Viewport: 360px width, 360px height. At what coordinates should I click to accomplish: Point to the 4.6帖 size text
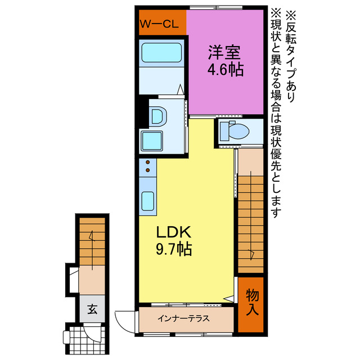click(224, 71)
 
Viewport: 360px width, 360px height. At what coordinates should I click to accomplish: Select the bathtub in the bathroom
click(161, 53)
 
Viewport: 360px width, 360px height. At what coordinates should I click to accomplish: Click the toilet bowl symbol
click(235, 131)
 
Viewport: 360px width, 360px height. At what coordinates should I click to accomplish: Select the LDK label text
click(174, 232)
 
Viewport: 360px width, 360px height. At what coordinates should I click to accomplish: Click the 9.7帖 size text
click(174, 249)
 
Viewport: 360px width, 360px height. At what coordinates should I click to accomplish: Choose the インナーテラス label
click(183, 318)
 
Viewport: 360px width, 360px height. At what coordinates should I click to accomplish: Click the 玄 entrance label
click(91, 308)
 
